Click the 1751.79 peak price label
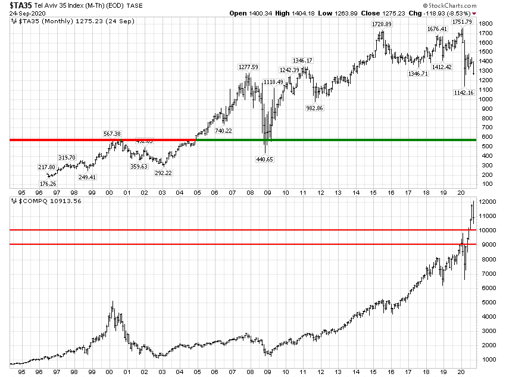coord(461,22)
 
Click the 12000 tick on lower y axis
coord(489,202)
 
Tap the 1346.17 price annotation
coord(302,61)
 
